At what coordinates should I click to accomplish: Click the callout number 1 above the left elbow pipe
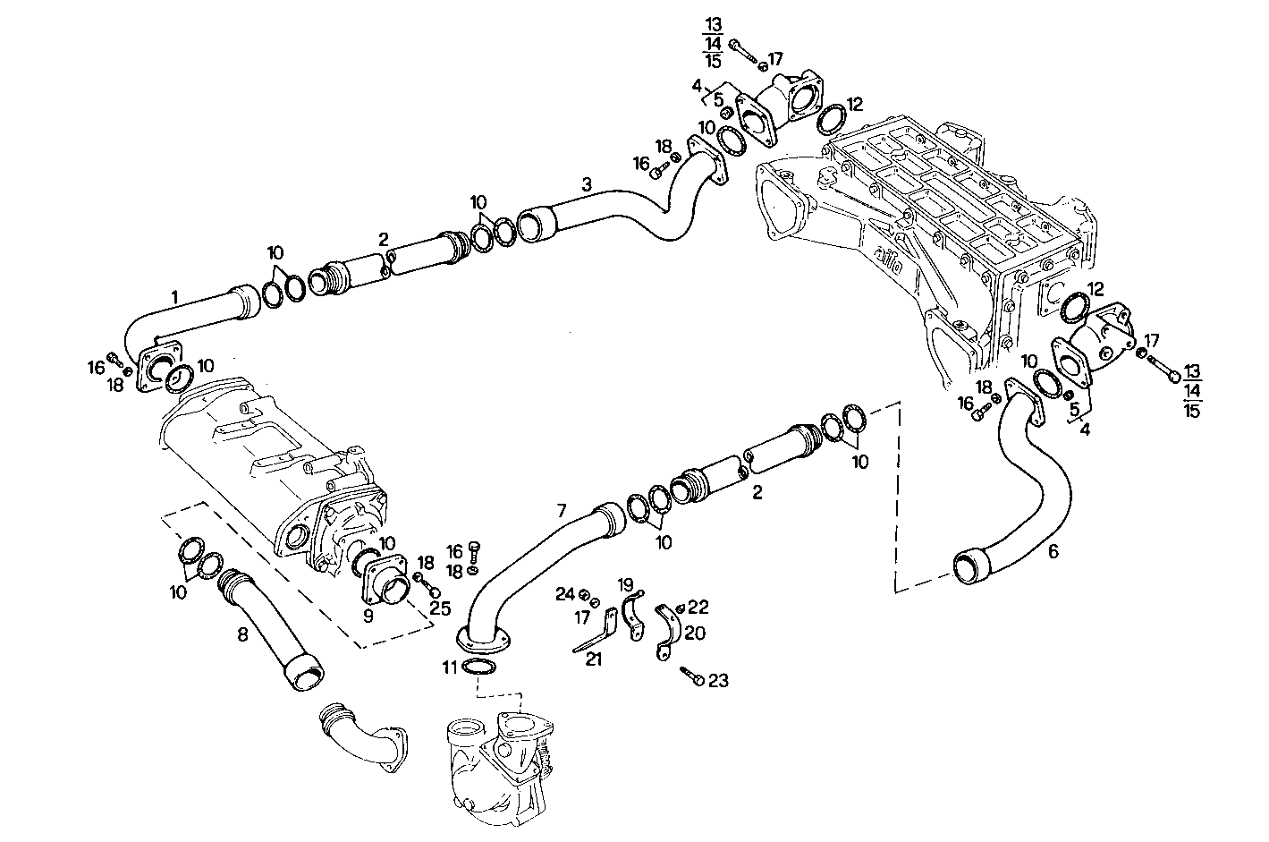(x=175, y=295)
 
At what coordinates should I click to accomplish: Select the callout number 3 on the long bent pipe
(x=586, y=185)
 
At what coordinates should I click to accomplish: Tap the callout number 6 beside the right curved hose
(x=1053, y=552)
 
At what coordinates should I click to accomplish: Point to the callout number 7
(x=562, y=511)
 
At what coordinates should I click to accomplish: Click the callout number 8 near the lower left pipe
(x=241, y=636)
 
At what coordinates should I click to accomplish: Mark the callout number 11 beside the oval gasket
(x=449, y=667)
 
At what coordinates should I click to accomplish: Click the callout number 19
(x=625, y=584)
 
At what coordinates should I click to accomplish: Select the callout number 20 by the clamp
(x=694, y=634)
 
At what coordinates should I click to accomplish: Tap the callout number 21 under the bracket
(x=595, y=659)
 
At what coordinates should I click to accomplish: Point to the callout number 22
(x=698, y=608)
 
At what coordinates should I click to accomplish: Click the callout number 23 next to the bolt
(x=718, y=681)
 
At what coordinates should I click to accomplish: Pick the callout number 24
(x=564, y=593)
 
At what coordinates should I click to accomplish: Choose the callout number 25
(x=438, y=609)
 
